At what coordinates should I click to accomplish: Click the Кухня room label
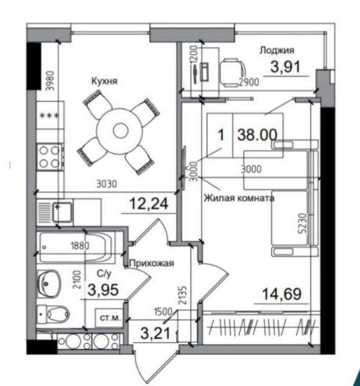point(104,81)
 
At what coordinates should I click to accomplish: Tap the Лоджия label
point(277,50)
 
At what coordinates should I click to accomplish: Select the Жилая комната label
point(239,198)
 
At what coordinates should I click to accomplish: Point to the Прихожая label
point(151,263)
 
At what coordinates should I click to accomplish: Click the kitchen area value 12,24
point(149,204)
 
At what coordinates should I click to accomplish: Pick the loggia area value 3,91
point(285,66)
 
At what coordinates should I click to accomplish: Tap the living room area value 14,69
point(282,294)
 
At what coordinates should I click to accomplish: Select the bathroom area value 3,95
point(103,290)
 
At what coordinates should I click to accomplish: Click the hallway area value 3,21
point(155,333)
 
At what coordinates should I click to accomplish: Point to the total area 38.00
point(257,135)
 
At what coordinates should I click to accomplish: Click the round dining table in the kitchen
point(120,131)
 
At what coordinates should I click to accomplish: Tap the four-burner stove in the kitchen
point(50,157)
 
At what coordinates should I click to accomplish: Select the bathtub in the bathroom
point(77,247)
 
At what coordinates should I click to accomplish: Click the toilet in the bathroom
point(53,314)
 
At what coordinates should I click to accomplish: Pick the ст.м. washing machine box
point(110,318)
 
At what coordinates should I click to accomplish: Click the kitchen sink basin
point(63,212)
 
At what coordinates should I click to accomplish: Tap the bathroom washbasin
point(49,284)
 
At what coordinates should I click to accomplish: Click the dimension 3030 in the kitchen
point(106,184)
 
